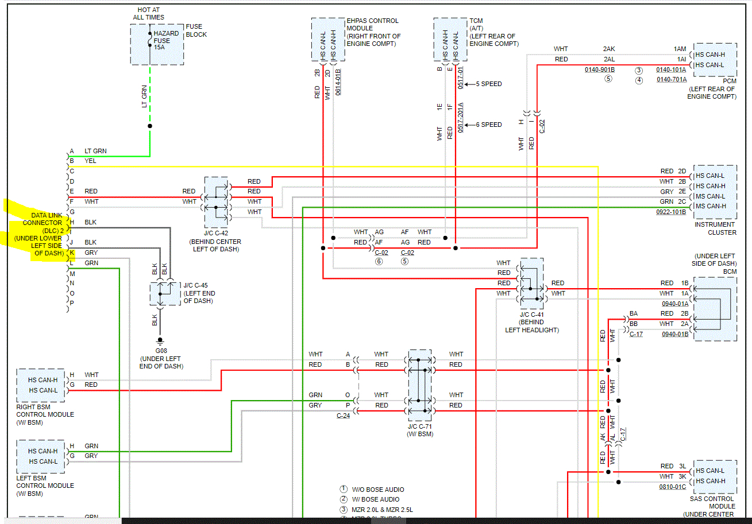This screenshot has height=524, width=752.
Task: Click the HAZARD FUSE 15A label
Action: coord(163,40)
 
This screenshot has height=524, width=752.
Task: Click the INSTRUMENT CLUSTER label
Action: coord(714,228)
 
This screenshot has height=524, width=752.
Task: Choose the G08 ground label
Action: coord(161,351)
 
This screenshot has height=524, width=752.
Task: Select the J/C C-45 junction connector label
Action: coord(199,293)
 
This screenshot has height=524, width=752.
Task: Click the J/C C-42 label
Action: coord(215,234)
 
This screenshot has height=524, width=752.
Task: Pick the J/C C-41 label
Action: coord(532,315)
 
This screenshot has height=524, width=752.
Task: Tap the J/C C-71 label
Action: coord(419,426)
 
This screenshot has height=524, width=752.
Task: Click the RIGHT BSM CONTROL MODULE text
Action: coord(45,414)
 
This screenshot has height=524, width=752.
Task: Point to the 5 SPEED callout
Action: coord(489,84)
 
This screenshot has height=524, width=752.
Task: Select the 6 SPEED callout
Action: coord(489,125)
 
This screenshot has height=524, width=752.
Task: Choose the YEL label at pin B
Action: coord(90,161)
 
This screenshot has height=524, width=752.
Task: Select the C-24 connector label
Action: coord(344,416)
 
